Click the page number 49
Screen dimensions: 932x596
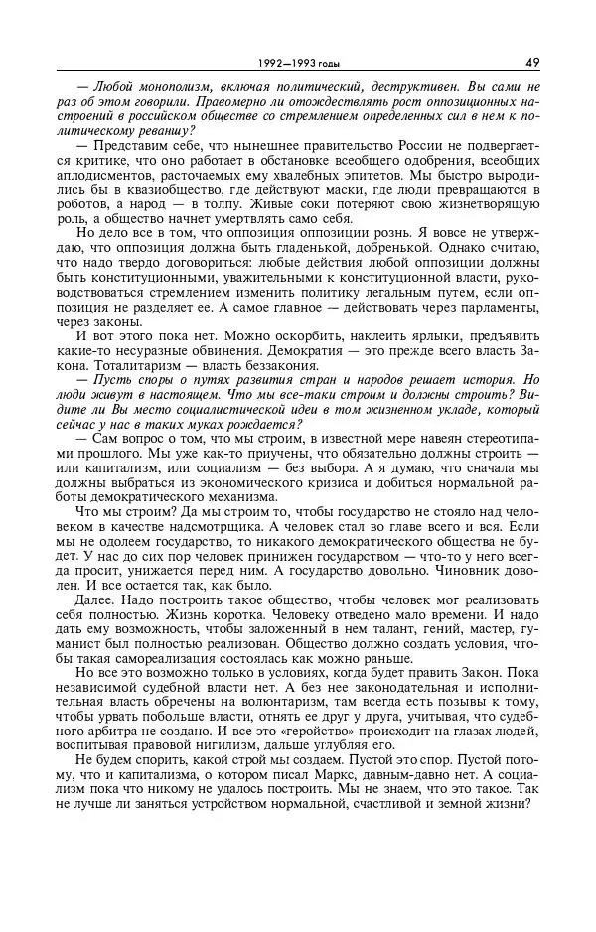pyautogui.click(x=532, y=62)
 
